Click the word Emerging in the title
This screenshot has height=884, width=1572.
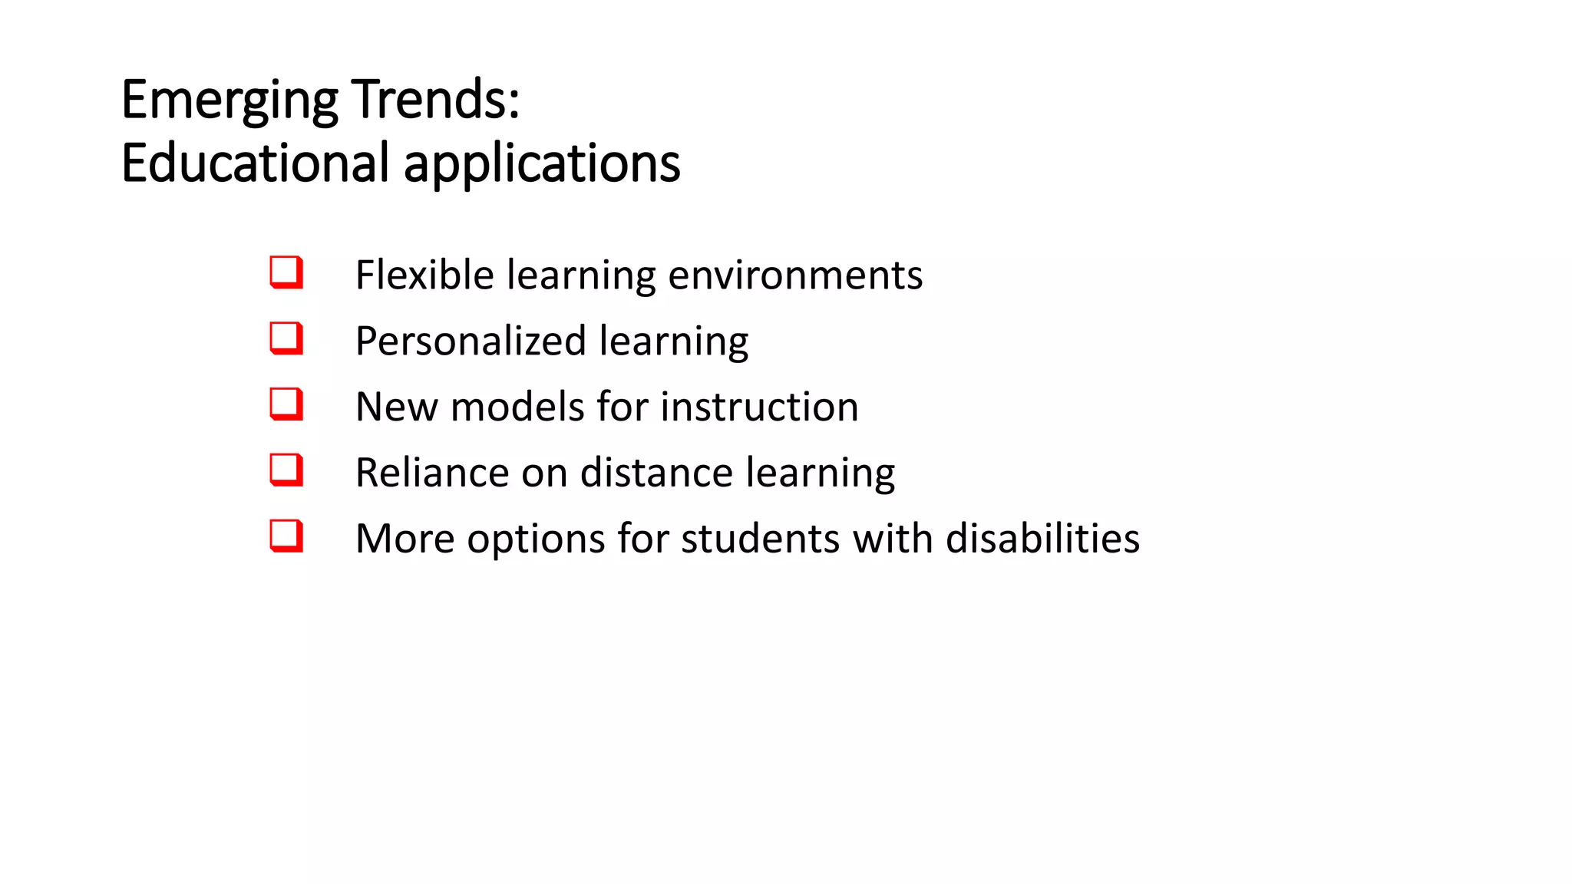point(230,101)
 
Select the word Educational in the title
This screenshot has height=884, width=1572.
point(255,163)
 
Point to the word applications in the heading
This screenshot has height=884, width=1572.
point(542,164)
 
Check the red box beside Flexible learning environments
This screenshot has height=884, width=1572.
point(286,272)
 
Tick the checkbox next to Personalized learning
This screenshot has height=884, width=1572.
point(286,338)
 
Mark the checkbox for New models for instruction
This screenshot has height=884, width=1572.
point(286,404)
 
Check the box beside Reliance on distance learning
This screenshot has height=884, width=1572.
point(286,470)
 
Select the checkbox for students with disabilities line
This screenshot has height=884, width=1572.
point(286,536)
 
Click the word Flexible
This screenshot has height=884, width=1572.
point(424,275)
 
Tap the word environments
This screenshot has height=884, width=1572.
point(795,275)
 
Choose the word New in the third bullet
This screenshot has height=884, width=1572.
point(396,407)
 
